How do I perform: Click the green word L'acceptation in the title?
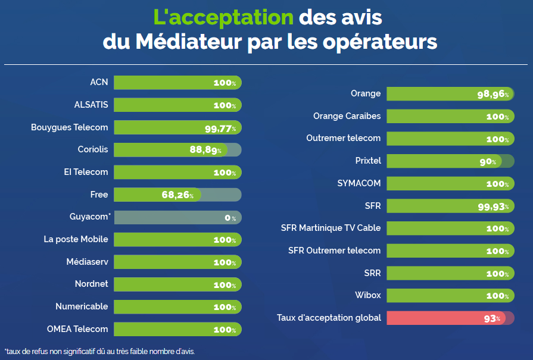[223, 17]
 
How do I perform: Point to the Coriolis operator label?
[93, 149]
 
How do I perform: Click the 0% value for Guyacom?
[230, 218]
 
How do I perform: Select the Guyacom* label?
[90, 217]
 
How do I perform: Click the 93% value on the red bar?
[493, 318]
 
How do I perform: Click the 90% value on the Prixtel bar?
[488, 161]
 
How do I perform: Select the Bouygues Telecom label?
[70, 127]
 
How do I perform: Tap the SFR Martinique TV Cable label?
[331, 228]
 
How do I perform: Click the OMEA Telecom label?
[77, 329]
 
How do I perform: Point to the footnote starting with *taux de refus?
[99, 351]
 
